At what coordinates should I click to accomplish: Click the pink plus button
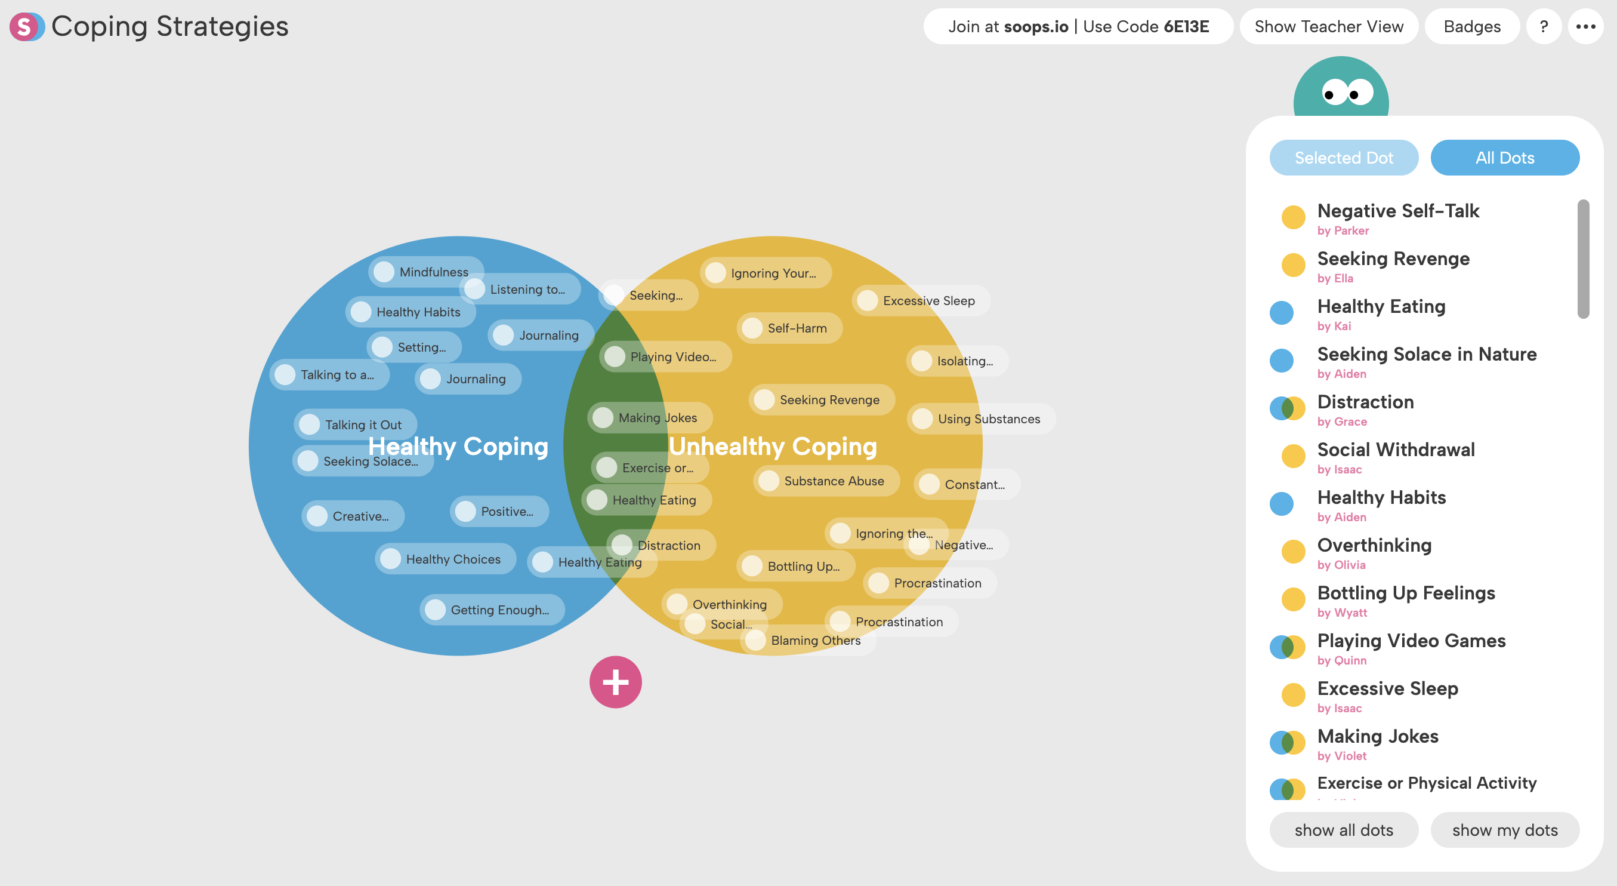(615, 682)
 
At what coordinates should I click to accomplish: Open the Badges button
(1471, 26)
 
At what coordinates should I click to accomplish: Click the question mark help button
(1544, 26)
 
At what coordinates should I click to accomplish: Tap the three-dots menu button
(1585, 26)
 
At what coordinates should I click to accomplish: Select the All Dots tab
(1505, 158)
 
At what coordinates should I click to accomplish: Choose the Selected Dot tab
(1343, 158)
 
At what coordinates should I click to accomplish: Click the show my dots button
(1505, 830)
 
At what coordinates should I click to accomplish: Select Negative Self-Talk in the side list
(1398, 211)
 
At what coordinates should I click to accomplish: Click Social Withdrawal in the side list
(1396, 450)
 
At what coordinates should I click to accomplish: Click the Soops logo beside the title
(26, 26)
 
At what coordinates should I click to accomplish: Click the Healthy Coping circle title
(458, 447)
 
